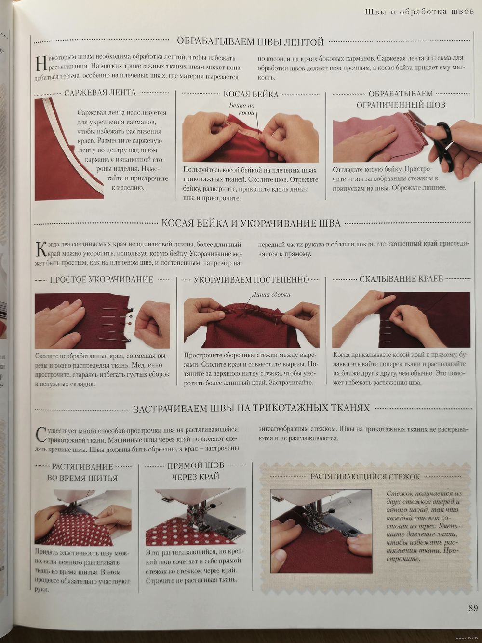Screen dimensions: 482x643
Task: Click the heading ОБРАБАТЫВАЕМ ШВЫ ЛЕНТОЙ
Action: [251, 42]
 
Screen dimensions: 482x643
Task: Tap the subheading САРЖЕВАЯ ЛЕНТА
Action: [100, 93]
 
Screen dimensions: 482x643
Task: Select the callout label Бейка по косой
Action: [242, 109]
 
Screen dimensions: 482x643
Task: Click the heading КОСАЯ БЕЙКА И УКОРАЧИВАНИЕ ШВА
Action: [251, 223]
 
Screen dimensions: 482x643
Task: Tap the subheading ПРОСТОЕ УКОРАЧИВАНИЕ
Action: [102, 279]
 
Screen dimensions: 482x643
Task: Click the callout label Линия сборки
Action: [271, 294]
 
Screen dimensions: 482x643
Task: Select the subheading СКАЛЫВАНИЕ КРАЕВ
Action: [401, 279]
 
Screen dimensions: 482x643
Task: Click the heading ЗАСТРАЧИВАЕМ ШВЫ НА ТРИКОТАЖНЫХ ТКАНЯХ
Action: [252, 409]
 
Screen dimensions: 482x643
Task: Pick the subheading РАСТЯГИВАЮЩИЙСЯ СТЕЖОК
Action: [365, 477]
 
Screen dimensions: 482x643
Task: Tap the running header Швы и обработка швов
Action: [419, 12]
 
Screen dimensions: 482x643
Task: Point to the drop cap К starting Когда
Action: [40, 248]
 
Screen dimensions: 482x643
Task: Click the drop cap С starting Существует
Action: [41, 435]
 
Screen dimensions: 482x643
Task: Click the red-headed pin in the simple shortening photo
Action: [129, 323]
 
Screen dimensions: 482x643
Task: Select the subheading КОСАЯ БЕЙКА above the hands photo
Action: [251, 94]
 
